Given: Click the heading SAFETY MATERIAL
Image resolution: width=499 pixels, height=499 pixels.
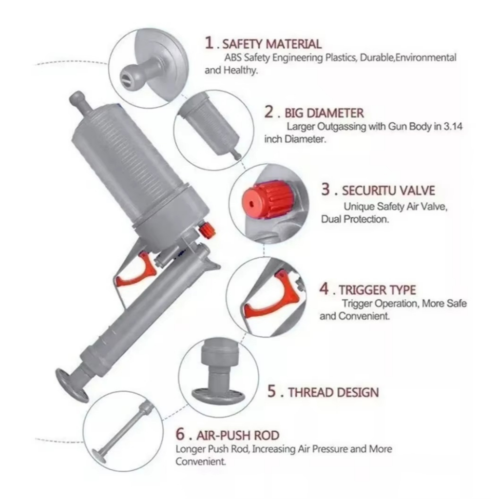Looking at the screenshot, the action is click(x=272, y=44).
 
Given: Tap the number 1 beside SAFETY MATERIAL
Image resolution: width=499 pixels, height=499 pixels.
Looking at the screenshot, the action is click(x=209, y=43).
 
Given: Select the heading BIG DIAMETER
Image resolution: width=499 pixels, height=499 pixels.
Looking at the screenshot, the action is click(x=324, y=113).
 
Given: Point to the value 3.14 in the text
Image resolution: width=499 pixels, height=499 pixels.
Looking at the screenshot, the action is click(x=453, y=126).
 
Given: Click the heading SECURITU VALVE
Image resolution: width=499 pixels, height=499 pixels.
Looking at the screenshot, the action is click(x=388, y=191).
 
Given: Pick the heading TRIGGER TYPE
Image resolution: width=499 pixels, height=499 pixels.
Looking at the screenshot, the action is click(x=377, y=290).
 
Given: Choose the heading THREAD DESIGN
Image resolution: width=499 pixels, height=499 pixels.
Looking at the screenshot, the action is click(x=333, y=393).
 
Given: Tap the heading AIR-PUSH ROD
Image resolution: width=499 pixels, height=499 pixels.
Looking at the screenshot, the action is click(x=238, y=435).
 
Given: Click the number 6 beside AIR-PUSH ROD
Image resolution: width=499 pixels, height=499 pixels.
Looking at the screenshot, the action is click(x=180, y=434).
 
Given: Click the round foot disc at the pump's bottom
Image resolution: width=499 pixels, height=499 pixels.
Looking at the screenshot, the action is click(x=72, y=385).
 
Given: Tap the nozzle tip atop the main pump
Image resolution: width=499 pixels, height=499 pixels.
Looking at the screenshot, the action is click(x=77, y=98).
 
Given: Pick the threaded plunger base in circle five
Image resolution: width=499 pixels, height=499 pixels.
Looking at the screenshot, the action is click(x=218, y=376).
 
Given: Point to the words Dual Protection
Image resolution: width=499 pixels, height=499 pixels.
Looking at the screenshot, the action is click(x=355, y=219).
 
